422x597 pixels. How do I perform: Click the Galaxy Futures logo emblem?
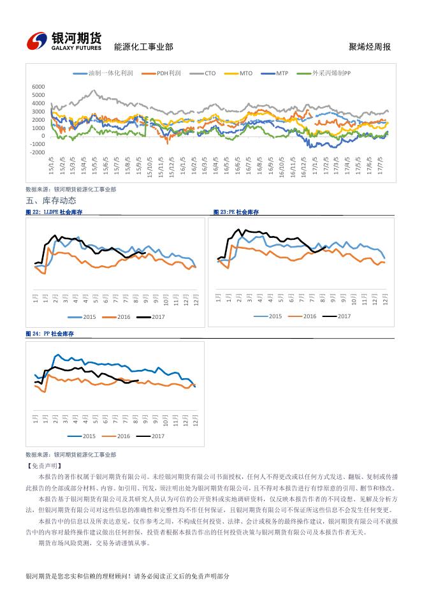[x=38, y=41]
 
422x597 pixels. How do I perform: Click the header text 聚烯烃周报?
[x=370, y=47]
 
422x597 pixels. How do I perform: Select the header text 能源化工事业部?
[x=143, y=47]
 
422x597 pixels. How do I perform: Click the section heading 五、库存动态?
[x=51, y=201]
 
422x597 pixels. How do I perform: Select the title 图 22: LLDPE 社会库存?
[x=54, y=212]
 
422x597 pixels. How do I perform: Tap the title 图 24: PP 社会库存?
[x=50, y=334]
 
